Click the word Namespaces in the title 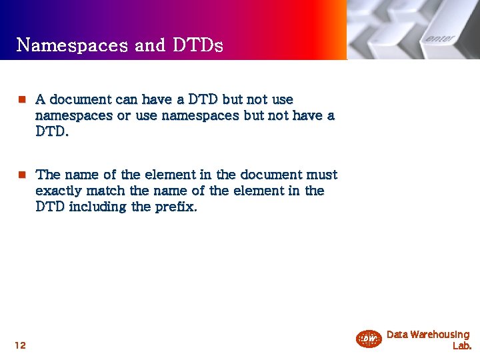(x=72, y=45)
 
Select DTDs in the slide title (x=197, y=45)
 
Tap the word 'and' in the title (x=149, y=45)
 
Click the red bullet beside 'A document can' (x=21, y=100)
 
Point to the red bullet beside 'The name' (x=21, y=175)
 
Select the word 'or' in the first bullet (x=124, y=116)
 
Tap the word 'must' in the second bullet (x=321, y=175)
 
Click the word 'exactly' (x=59, y=191)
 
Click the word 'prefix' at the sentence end (x=175, y=207)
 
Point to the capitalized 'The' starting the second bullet (x=48, y=175)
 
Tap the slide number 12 (x=20, y=345)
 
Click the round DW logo (x=369, y=339)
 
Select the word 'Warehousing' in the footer (x=440, y=335)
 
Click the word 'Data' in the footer (x=397, y=335)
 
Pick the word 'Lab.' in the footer (x=461, y=346)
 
